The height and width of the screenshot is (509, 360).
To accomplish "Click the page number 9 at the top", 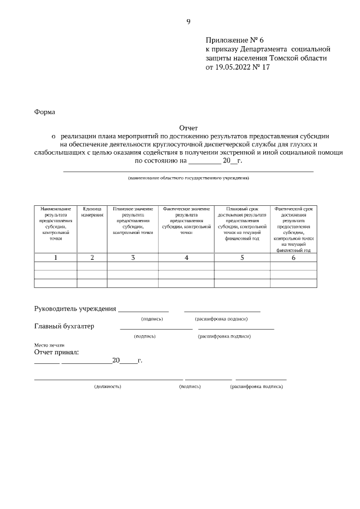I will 188,22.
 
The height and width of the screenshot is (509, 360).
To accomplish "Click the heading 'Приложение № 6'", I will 235,40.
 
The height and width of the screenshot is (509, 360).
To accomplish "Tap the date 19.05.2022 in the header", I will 235,67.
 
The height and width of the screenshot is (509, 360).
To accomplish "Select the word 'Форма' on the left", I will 45,112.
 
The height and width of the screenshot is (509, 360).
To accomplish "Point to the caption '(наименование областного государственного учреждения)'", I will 188,178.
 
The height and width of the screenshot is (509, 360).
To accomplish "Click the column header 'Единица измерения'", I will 92,211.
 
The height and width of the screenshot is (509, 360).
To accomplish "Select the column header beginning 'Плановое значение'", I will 133,220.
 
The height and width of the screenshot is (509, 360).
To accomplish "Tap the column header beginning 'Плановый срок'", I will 242,223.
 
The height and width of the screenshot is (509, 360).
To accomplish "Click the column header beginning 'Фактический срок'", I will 293,229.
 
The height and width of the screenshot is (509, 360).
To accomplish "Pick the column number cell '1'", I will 56,258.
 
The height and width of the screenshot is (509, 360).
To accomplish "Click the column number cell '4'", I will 186,258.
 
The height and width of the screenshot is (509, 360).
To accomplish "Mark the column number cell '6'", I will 293,258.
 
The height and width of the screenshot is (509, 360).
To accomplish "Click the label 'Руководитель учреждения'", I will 75,308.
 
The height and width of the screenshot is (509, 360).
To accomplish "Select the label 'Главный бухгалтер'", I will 65,326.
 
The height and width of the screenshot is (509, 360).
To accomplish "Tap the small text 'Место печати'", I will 49,345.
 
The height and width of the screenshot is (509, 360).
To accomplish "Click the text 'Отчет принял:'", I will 57,352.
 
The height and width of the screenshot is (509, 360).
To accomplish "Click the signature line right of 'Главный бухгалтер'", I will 156,328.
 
